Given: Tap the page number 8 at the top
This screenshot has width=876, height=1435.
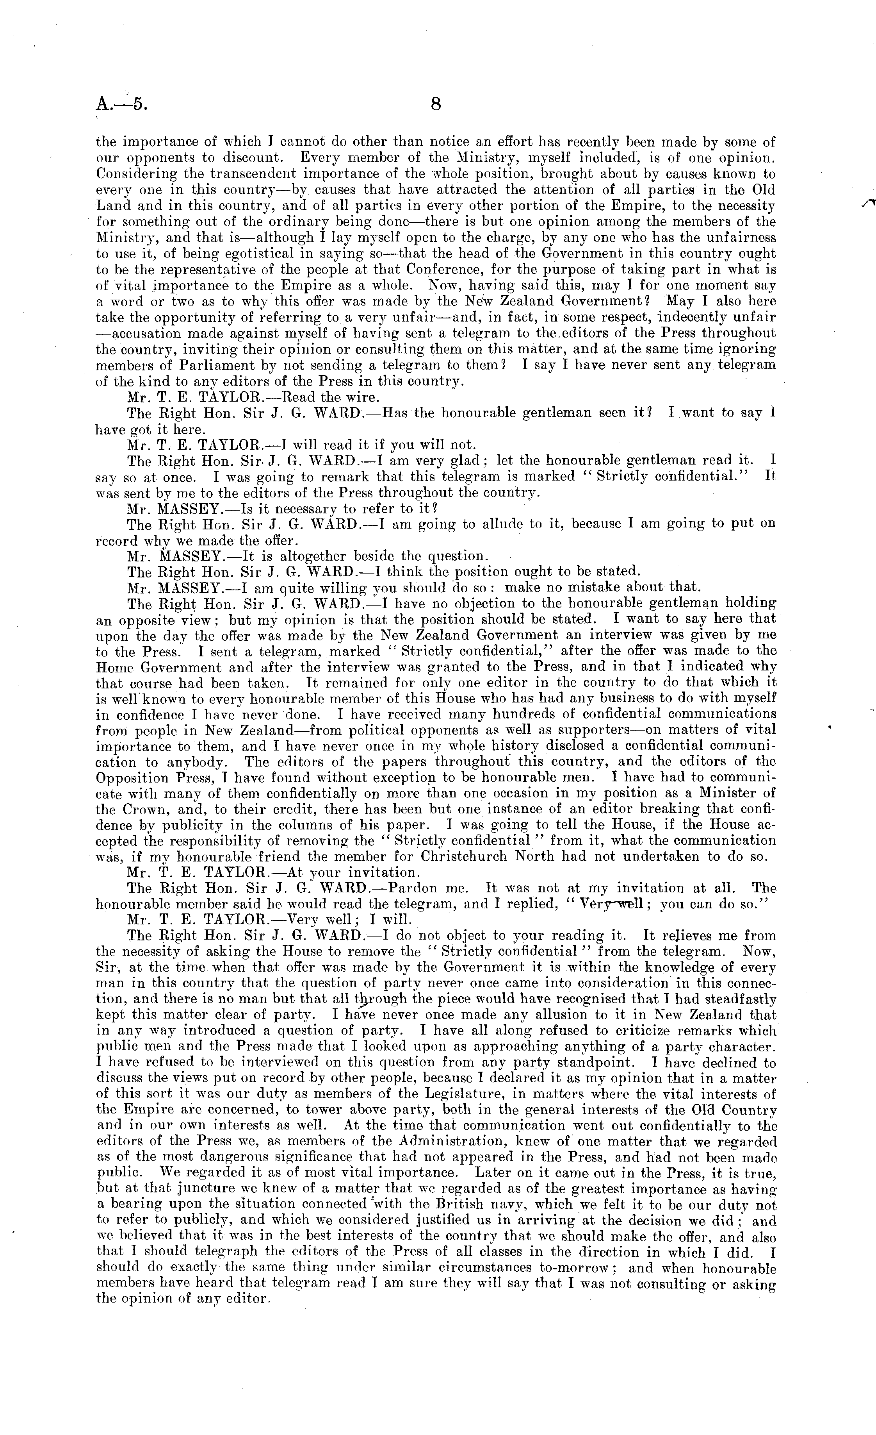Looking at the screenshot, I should (x=435, y=105).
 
